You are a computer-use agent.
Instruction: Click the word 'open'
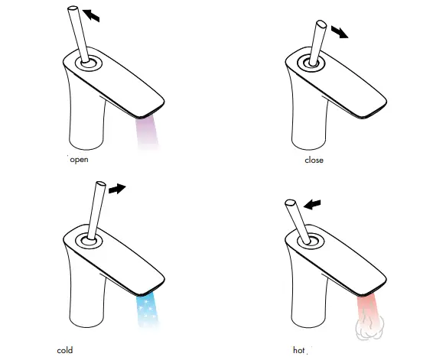click(x=79, y=161)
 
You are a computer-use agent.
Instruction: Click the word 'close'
click(x=314, y=161)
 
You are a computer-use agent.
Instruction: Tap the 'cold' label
click(x=65, y=350)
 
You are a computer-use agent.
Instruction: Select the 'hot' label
click(x=300, y=350)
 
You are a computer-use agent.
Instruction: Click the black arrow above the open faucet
click(x=91, y=15)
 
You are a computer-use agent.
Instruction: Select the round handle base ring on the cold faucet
click(x=90, y=239)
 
